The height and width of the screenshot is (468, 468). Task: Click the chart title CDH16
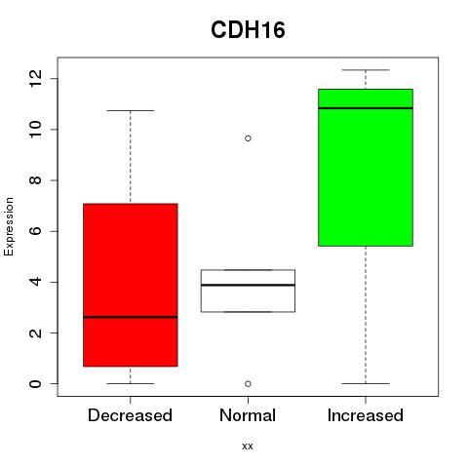pyautogui.click(x=248, y=30)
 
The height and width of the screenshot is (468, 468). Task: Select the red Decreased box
pyautogui.click(x=131, y=285)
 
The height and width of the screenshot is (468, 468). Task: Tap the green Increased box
pyautogui.click(x=366, y=168)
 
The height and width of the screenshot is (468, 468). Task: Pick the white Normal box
pyautogui.click(x=248, y=291)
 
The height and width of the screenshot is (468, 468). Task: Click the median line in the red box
pyautogui.click(x=131, y=317)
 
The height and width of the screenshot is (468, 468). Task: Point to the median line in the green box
pyautogui.click(x=366, y=108)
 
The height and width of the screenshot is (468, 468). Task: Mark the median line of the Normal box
pyautogui.click(x=248, y=285)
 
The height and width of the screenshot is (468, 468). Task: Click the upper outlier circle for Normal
pyautogui.click(x=248, y=138)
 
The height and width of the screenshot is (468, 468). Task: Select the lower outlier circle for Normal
pyautogui.click(x=248, y=384)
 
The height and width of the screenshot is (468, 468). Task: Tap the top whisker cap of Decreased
pyautogui.click(x=131, y=110)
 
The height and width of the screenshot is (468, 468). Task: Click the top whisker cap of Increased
pyautogui.click(x=366, y=70)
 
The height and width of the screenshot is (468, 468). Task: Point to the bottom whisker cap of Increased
pyautogui.click(x=366, y=383)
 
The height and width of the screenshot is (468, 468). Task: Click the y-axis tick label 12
pyautogui.click(x=35, y=78)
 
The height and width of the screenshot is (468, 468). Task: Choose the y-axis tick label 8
pyautogui.click(x=35, y=180)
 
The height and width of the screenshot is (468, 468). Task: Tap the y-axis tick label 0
pyautogui.click(x=35, y=383)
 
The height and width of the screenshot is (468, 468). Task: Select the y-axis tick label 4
pyautogui.click(x=35, y=282)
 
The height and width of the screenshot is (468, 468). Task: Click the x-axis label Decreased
pyautogui.click(x=130, y=415)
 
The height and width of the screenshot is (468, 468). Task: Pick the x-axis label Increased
pyautogui.click(x=366, y=415)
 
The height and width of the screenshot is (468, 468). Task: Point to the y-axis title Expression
pyautogui.click(x=9, y=226)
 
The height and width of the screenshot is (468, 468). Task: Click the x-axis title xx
pyautogui.click(x=248, y=447)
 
